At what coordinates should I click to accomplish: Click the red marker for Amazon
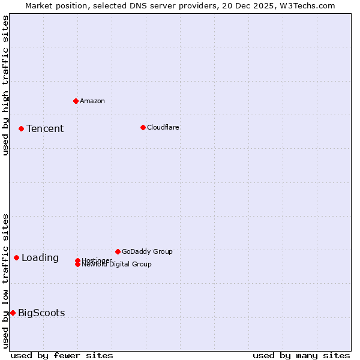(x=76, y=101)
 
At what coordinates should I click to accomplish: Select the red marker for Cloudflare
(x=143, y=127)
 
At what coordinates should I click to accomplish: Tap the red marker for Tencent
(x=21, y=128)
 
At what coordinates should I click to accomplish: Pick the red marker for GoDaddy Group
(x=118, y=251)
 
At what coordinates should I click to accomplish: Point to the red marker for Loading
(x=16, y=257)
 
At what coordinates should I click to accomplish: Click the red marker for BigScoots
(x=13, y=313)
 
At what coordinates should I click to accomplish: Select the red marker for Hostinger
(x=77, y=260)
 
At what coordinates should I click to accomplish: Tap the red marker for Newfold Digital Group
(x=77, y=264)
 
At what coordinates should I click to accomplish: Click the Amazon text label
(x=92, y=101)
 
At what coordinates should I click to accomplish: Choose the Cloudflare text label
(x=163, y=127)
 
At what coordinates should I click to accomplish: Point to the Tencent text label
(x=45, y=128)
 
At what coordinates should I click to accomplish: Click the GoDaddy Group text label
(x=147, y=251)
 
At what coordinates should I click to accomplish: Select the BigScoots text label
(x=41, y=313)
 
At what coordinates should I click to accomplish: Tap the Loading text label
(x=40, y=257)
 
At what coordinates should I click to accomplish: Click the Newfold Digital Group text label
(x=117, y=265)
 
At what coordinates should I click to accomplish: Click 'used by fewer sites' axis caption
(x=62, y=355)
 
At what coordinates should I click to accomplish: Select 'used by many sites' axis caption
(x=301, y=355)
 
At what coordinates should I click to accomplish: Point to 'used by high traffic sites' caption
(x=5, y=85)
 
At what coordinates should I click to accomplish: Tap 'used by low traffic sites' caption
(x=5, y=281)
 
